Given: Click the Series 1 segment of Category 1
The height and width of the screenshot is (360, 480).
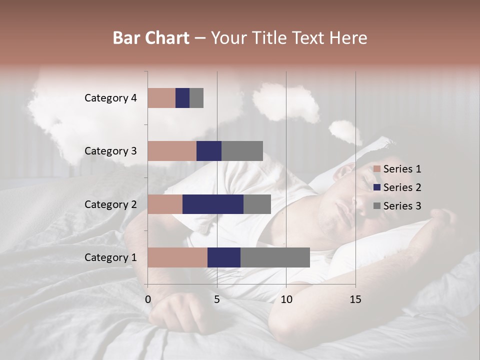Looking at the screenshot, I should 177,257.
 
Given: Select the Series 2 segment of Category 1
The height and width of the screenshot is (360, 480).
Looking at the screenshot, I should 224,257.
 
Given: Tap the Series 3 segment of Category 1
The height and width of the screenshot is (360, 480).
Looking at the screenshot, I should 275,257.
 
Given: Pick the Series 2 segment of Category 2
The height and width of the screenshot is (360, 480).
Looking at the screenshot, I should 213,204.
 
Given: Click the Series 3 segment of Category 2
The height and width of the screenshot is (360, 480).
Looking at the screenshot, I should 257,204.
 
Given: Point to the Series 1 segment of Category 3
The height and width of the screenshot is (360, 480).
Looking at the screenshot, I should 172,151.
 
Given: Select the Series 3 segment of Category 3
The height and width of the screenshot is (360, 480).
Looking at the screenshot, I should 242,151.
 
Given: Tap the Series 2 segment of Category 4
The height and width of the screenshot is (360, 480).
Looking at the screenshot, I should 182,98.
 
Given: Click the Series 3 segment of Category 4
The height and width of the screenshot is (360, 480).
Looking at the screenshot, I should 196,98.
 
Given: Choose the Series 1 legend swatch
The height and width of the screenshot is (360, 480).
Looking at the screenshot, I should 377,169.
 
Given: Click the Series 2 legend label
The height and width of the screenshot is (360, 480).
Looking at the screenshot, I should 402,187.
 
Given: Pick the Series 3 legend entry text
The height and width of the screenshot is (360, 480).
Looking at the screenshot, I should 402,205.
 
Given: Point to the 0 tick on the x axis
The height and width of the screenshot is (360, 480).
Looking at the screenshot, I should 148,299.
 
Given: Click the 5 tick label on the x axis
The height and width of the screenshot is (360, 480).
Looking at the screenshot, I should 217,299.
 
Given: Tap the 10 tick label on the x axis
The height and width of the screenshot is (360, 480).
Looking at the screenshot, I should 286,299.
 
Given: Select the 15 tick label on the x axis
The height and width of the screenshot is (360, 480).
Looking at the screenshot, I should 355,299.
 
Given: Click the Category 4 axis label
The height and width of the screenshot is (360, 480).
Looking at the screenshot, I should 110,98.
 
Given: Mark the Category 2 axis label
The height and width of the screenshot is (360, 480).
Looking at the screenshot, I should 110,204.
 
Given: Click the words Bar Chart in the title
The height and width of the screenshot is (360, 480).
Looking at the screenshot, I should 151,37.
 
